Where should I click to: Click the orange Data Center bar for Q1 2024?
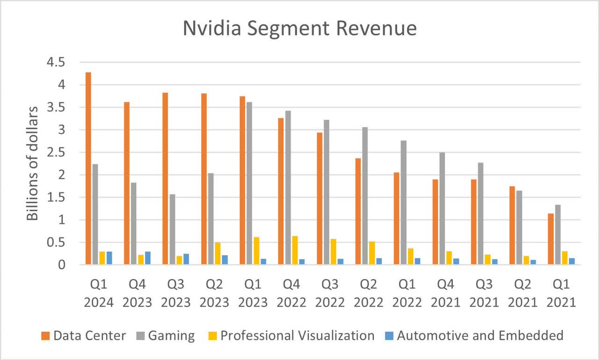(x=88, y=169)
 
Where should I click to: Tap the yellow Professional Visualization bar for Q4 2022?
(x=295, y=250)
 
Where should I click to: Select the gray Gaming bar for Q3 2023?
(x=172, y=229)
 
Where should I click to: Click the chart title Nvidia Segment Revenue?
(x=299, y=29)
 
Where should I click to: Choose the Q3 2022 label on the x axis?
(x=329, y=294)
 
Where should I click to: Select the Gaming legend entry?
(x=171, y=336)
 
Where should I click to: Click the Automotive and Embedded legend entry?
(x=480, y=336)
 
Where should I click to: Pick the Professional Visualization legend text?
(x=298, y=336)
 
